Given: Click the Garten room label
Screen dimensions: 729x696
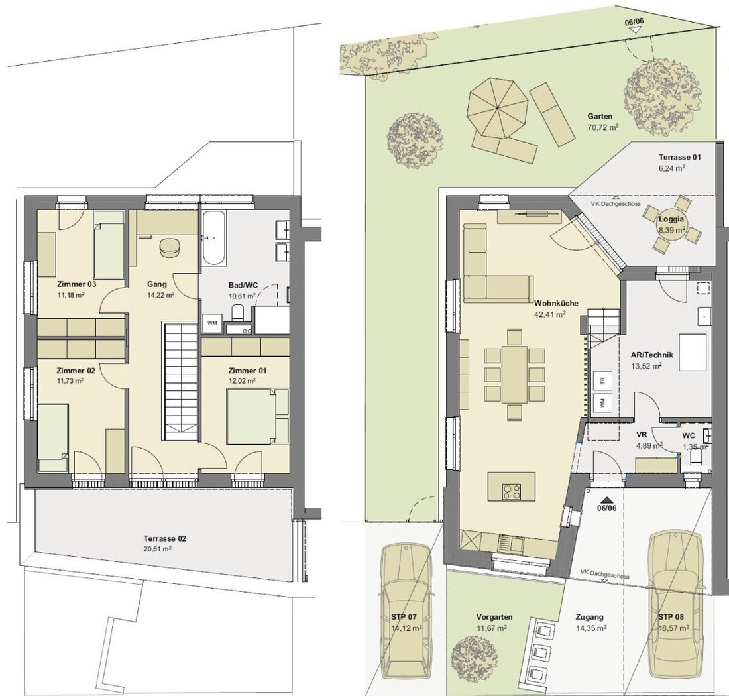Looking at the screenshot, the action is (600, 116).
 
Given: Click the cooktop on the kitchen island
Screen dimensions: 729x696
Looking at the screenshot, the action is (512, 491).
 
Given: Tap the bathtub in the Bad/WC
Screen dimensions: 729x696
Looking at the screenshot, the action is (214, 239).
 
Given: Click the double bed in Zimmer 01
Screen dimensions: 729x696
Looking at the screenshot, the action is (257, 417).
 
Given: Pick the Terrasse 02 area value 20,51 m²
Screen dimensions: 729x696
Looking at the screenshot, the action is (158, 549).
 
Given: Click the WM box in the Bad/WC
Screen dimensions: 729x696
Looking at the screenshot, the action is (212, 323).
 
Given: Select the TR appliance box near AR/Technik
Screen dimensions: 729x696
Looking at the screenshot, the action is (602, 380).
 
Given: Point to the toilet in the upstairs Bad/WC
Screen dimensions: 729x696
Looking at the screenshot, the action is (237, 312).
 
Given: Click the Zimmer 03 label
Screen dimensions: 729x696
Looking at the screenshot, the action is (76, 284).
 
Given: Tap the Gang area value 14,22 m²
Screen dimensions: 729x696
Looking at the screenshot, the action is (160, 295).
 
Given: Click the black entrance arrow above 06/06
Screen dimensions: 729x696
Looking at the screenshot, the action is (606, 500).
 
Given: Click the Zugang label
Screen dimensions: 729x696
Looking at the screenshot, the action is (590, 617).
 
